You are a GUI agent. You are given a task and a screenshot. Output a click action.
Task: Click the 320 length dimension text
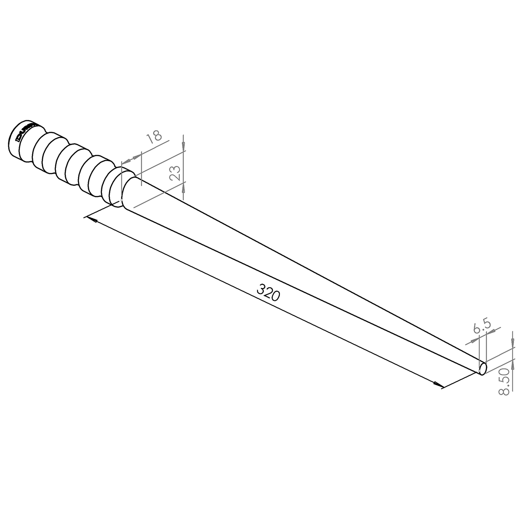(x=268, y=293)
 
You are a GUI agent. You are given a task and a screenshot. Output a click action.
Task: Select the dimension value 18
(x=154, y=136)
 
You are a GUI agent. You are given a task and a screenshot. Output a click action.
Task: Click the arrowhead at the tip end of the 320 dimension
(x=438, y=385)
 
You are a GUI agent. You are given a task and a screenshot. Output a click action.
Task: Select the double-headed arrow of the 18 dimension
(x=131, y=158)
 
